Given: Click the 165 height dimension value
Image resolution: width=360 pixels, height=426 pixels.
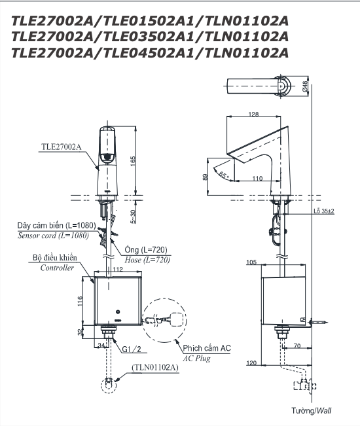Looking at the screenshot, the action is [133, 161].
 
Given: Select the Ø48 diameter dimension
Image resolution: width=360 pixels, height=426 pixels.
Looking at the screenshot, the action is [305, 86].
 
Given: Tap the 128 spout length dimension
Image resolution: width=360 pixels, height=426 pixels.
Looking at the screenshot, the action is [253, 114].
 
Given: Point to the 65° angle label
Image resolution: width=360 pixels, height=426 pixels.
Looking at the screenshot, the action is [224, 175].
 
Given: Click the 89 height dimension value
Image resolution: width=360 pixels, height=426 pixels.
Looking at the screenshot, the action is [205, 177].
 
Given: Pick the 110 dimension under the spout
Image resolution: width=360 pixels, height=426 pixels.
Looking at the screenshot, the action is [258, 178].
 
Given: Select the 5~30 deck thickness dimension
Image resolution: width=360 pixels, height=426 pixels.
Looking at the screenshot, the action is [133, 217].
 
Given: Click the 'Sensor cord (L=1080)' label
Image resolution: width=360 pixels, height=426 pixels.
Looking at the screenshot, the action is [53, 236].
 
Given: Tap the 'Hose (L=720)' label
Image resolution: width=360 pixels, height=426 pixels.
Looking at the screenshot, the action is [147, 260].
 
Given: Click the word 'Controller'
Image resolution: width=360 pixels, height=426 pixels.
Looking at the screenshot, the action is [57, 268].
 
